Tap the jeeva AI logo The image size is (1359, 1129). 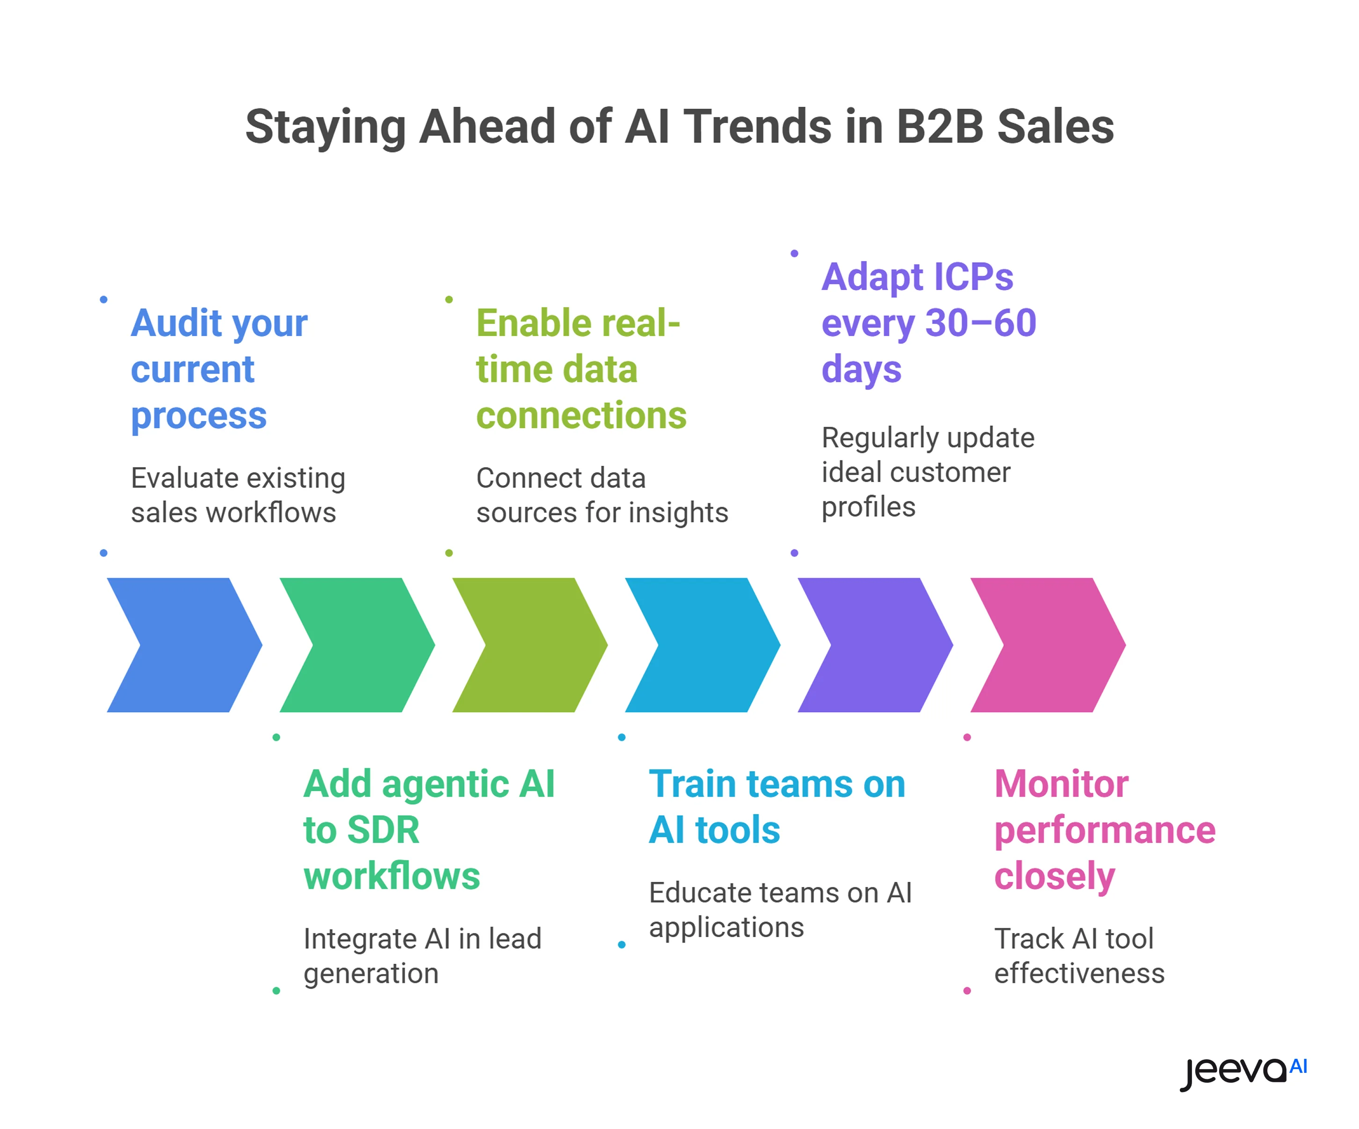(x=1243, y=1071)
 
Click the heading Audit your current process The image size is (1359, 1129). (x=219, y=368)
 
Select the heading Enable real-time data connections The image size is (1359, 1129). (x=581, y=368)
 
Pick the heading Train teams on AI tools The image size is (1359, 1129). (x=777, y=806)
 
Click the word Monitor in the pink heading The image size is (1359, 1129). (x=1061, y=784)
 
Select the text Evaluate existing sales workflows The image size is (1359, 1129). (x=238, y=495)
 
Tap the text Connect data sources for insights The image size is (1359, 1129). (x=602, y=495)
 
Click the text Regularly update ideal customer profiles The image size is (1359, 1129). (x=927, y=472)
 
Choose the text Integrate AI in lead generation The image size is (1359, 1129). (x=422, y=955)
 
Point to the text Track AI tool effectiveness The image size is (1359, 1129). (x=1079, y=955)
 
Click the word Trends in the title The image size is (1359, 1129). (x=758, y=126)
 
